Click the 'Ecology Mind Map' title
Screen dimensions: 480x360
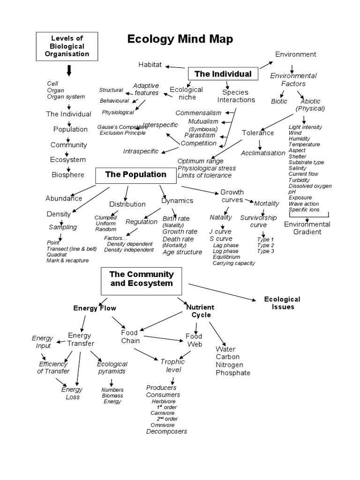pos(180,39)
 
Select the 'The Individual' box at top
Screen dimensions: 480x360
pos(223,74)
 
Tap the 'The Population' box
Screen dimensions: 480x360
pos(136,175)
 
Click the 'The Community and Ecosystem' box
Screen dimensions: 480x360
pos(142,279)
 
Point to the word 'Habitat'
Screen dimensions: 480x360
pos(150,64)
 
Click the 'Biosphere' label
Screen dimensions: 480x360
pos(68,175)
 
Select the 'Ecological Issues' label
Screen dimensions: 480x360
pos(282,303)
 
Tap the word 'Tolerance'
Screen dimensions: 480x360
pos(258,133)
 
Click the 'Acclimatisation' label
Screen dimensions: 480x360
pos(263,153)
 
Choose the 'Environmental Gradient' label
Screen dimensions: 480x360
pos(307,228)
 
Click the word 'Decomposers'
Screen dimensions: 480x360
pos(166,431)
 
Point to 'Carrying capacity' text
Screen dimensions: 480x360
pos(233,263)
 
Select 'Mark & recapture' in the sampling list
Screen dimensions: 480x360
pos(67,260)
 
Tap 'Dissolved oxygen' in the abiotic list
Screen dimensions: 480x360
pos(310,186)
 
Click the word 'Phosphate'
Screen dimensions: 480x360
pos(233,373)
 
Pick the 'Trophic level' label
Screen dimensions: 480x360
pos(173,366)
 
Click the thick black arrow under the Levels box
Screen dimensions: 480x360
pos(69,71)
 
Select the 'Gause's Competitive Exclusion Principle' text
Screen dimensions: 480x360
pos(121,130)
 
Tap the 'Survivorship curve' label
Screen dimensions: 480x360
pos(258,221)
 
